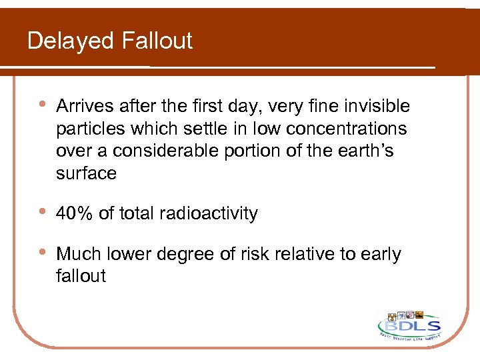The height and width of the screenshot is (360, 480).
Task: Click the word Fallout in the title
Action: (x=157, y=41)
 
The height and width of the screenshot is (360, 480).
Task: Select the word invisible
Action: (x=377, y=107)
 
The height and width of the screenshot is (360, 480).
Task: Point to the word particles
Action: (x=87, y=129)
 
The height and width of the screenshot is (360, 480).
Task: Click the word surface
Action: (x=87, y=173)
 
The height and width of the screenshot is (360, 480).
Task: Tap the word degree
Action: (x=201, y=255)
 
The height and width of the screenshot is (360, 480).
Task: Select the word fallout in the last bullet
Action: (x=81, y=276)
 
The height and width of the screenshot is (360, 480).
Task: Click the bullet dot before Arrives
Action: (x=42, y=105)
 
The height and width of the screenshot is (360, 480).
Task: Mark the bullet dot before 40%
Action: (x=42, y=213)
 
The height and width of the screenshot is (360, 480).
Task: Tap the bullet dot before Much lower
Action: (x=42, y=253)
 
